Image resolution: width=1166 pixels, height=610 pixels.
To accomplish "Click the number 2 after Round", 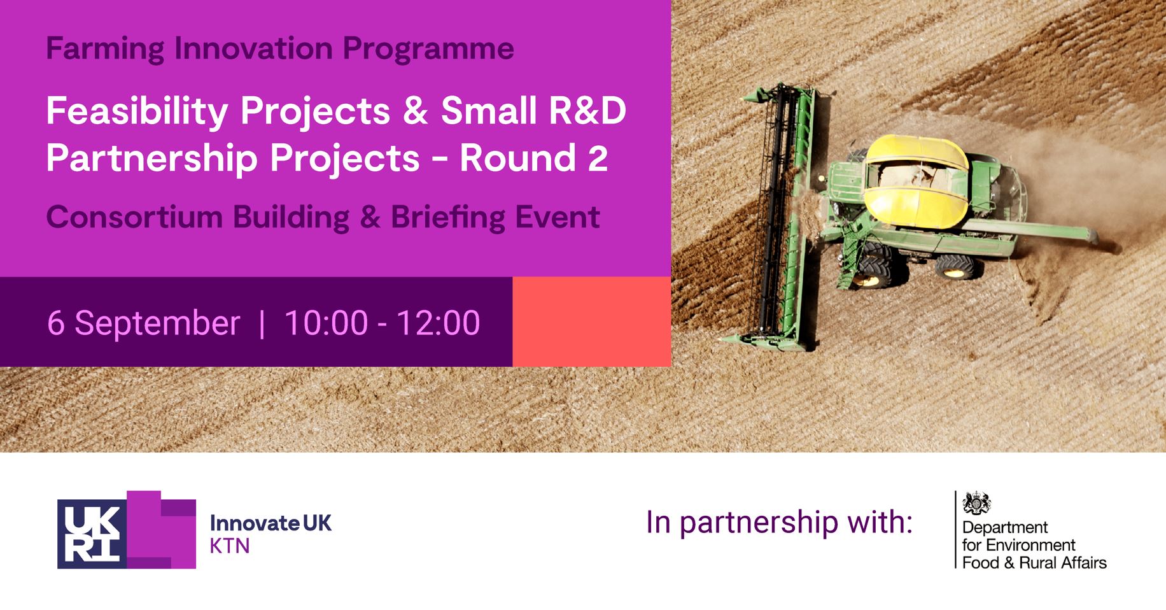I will tap(598, 159).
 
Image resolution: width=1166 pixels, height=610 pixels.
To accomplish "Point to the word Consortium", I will tap(134, 217).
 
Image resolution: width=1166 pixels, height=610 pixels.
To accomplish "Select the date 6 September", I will tap(144, 323).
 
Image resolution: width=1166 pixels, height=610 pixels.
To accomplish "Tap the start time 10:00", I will tap(326, 323).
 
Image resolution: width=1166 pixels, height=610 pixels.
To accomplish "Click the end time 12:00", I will tap(439, 323).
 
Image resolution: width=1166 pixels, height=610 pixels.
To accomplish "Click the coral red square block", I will tap(591, 322).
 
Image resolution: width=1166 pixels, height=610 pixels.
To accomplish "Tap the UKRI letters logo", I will tap(92, 534).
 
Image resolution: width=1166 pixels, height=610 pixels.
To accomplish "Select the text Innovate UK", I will tap(270, 523).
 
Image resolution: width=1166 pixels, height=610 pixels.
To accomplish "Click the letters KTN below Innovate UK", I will tap(229, 546).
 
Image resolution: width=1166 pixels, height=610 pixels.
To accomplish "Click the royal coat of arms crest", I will tap(976, 504).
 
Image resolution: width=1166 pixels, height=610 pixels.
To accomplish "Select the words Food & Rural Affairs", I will tap(1034, 563).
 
